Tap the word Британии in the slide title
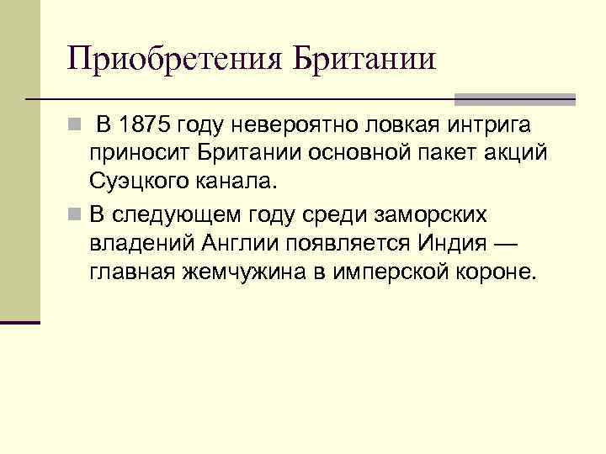tap(364, 59)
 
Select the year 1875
tap(148, 126)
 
